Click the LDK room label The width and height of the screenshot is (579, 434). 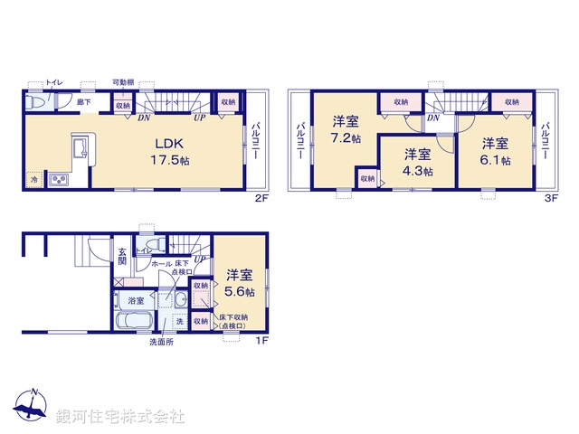coord(169,142)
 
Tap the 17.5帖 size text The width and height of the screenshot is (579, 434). coord(169,160)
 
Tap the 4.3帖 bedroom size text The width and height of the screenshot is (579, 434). coord(417,170)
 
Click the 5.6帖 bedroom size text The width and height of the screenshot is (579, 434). coord(240,292)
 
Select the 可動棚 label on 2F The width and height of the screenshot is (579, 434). coord(122,82)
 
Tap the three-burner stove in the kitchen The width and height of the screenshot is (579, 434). coord(60,181)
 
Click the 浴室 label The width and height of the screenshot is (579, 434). coord(137,298)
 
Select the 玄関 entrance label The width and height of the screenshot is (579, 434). coord(122,257)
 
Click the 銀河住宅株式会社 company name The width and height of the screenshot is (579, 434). coord(120,417)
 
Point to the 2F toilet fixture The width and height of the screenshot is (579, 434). coord(34,104)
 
